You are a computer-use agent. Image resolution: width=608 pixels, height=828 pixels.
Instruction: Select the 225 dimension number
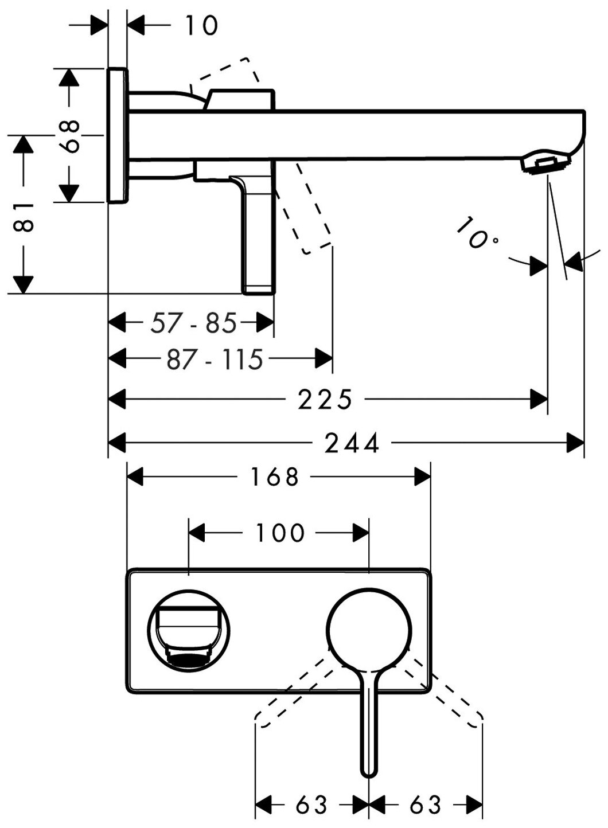coord(325,400)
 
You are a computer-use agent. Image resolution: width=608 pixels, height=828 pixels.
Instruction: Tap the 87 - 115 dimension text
coord(215,360)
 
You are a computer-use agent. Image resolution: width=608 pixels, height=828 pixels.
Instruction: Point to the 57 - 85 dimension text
coord(193,323)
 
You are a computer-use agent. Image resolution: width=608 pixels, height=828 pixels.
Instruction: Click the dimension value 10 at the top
coord(201,25)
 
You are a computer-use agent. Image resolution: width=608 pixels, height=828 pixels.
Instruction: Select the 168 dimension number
coord(275,477)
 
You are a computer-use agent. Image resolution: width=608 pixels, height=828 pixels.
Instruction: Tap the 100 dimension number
coord(279,533)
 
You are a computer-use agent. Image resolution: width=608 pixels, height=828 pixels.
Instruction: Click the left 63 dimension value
coord(311,804)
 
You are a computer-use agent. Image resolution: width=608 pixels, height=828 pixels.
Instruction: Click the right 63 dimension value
coord(425,804)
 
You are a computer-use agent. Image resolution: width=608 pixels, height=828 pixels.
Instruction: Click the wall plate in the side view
coord(118,135)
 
